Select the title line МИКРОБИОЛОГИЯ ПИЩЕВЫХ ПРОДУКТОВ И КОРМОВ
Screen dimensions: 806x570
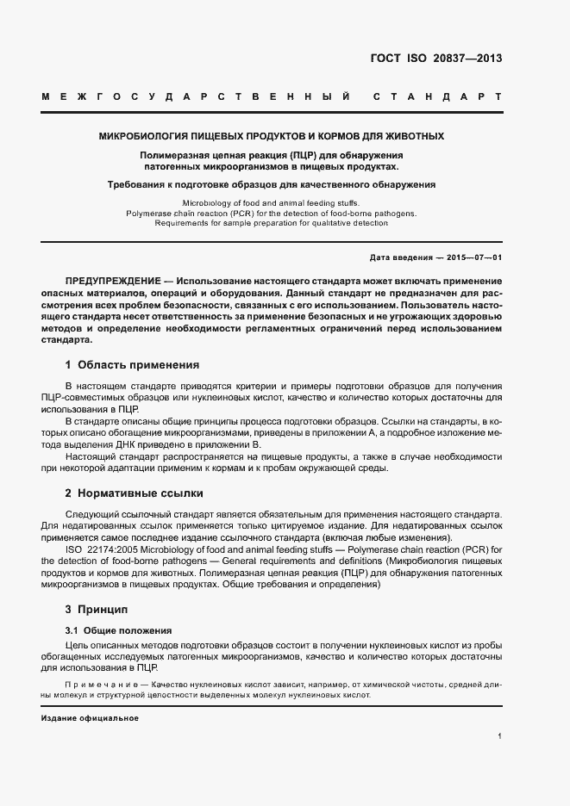pos(271,136)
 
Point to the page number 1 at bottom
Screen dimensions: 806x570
pos(499,736)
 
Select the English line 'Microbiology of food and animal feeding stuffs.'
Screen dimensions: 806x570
pos(271,200)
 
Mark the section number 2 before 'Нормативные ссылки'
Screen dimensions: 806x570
pos(68,493)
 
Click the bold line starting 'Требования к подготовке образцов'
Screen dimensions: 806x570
pos(271,184)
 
